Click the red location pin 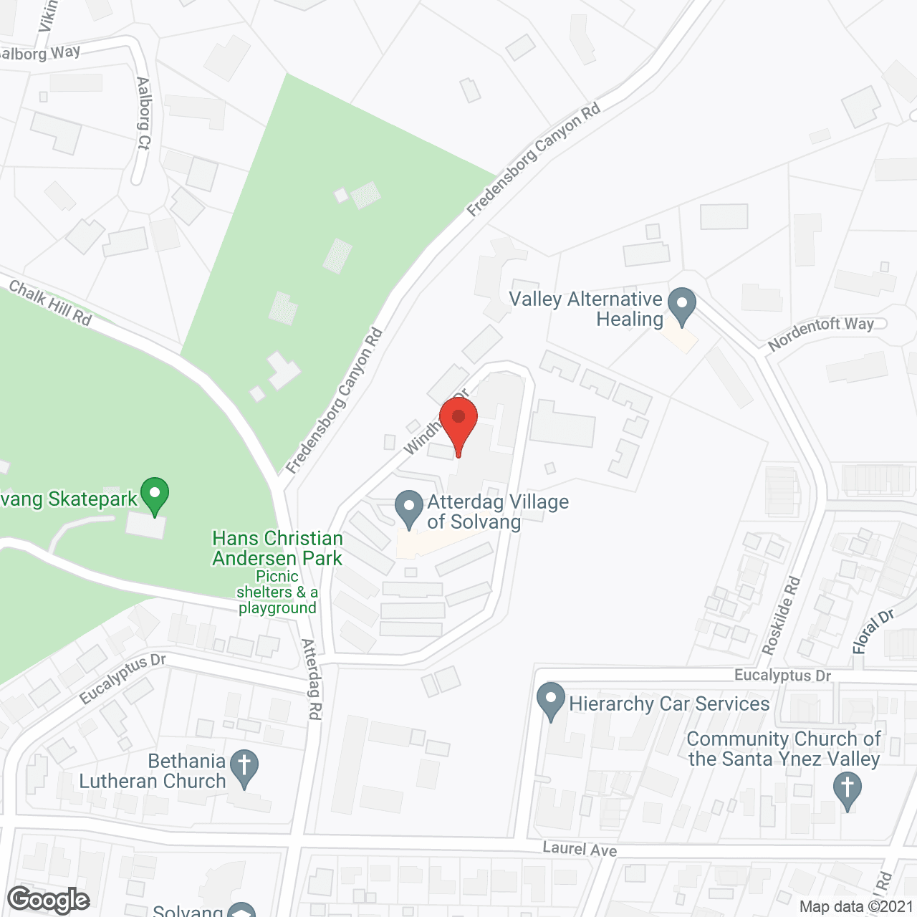[x=458, y=423]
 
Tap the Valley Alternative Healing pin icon [x=682, y=306]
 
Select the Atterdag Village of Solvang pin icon [x=409, y=508]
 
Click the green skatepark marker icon [x=155, y=495]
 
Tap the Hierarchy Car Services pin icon [x=551, y=701]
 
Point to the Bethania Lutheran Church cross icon [x=244, y=768]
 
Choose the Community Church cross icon [x=848, y=791]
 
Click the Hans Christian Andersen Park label [x=277, y=548]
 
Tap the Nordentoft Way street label [x=821, y=334]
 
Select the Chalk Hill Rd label [x=50, y=302]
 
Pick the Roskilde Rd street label [x=781, y=615]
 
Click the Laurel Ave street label [x=580, y=849]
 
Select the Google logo [x=49, y=900]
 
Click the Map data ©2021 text [x=856, y=907]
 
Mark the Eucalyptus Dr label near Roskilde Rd [x=782, y=676]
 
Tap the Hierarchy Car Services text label [x=669, y=704]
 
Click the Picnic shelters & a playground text [x=277, y=592]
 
